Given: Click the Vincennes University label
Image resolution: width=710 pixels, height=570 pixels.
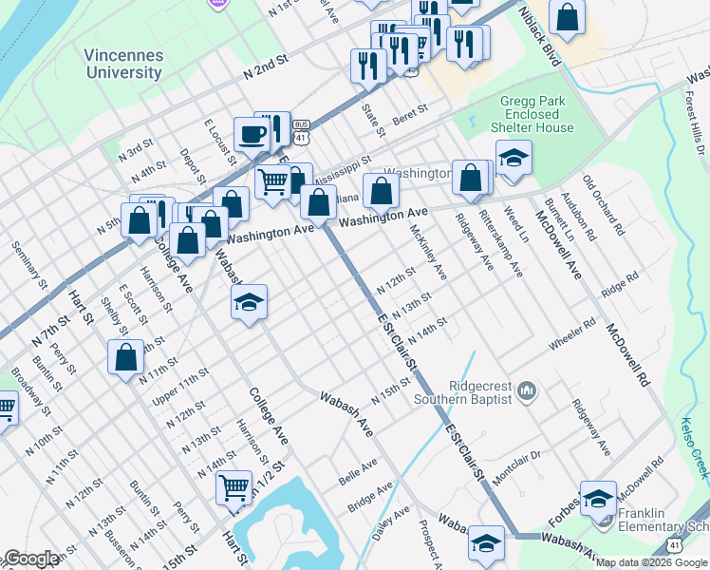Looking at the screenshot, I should tap(123, 64).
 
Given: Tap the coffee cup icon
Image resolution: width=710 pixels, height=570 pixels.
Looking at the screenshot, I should tap(252, 134).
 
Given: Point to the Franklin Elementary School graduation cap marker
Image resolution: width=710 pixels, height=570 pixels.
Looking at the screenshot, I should tap(599, 499).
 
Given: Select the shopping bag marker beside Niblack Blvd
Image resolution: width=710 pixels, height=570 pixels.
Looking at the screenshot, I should tap(567, 18).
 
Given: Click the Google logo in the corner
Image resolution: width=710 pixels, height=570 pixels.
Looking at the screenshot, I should tap(31, 559).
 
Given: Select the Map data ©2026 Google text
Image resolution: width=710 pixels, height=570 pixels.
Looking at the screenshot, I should tap(651, 562).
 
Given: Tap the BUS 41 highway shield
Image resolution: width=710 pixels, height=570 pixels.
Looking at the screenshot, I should tap(301, 131).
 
